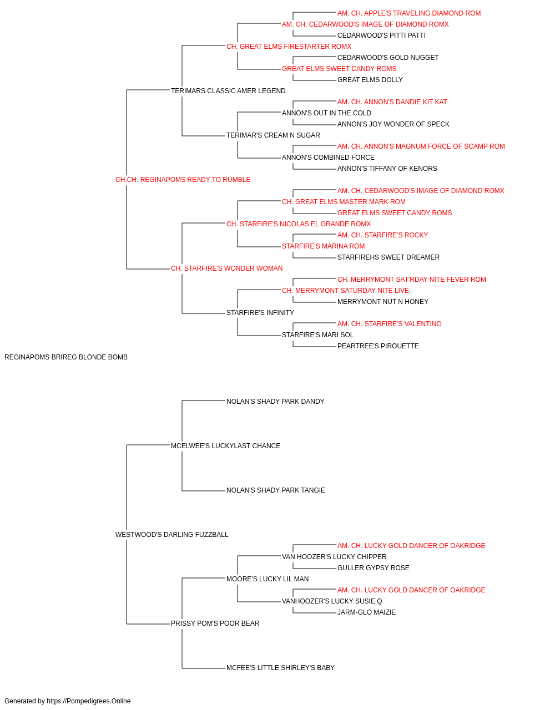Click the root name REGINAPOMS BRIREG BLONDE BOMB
pyautogui.click(x=66, y=357)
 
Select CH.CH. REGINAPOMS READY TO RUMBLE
pyautogui.click(x=183, y=180)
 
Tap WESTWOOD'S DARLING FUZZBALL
pyautogui.click(x=171, y=535)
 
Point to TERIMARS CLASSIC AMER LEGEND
pyautogui.click(x=228, y=91)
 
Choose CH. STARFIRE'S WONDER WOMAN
pyautogui.click(x=226, y=268)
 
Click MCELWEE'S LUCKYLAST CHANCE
pyautogui.click(x=225, y=445)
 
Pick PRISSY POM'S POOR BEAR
pyautogui.click(x=215, y=623)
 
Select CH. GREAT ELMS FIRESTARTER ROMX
pyautogui.click(x=289, y=47)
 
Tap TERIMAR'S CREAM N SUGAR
pyautogui.click(x=273, y=135)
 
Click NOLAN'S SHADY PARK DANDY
pyautogui.click(x=275, y=401)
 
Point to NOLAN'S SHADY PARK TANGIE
pyautogui.click(x=276, y=490)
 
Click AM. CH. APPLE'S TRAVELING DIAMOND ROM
pyautogui.click(x=409, y=13)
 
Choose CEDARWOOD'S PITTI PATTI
pyautogui.click(x=381, y=35)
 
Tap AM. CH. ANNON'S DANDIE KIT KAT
pyautogui.click(x=392, y=102)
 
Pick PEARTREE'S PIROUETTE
pyautogui.click(x=378, y=346)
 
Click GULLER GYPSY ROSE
pyautogui.click(x=374, y=568)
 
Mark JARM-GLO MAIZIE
pyautogui.click(x=366, y=612)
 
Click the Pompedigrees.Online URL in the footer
pyautogui.click(x=88, y=701)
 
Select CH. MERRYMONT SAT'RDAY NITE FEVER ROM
pyautogui.click(x=411, y=280)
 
